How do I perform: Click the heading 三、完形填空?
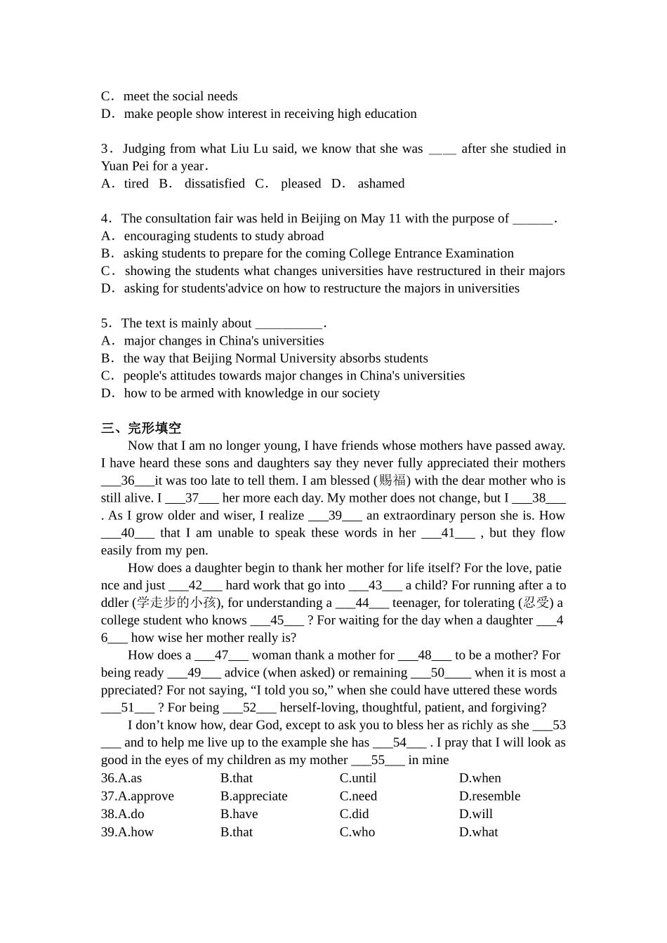pos(141,428)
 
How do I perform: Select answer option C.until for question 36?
pos(358,778)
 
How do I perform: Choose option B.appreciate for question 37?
pos(253,796)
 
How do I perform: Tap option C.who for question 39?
pos(357,832)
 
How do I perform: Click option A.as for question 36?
pos(121,778)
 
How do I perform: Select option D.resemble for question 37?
pos(489,796)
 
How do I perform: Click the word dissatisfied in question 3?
pos(214,184)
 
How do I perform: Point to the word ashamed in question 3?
pos(381,184)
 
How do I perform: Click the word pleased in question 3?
pos(301,184)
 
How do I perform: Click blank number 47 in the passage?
pos(221,655)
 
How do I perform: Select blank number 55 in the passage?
pos(378,761)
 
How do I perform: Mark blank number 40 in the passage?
pos(128,533)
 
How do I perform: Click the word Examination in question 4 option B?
pos(480,253)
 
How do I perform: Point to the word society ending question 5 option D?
pos(359,394)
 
